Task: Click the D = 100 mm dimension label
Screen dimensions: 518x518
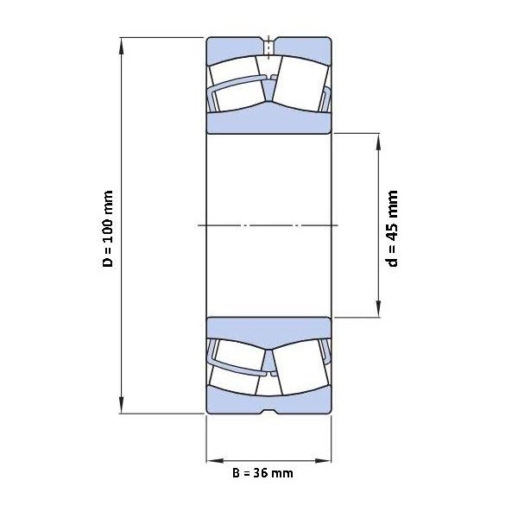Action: (109, 229)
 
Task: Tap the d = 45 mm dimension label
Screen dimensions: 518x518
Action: (392, 228)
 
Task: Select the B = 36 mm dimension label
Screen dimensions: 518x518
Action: (262, 473)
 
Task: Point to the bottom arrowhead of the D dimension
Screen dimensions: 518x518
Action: (122, 406)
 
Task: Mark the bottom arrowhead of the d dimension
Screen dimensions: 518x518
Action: (379, 310)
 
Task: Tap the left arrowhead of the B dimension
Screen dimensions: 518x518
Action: (215, 460)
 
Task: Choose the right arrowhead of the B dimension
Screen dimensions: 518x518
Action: (323, 460)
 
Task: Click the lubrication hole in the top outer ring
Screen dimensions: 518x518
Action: (268, 48)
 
